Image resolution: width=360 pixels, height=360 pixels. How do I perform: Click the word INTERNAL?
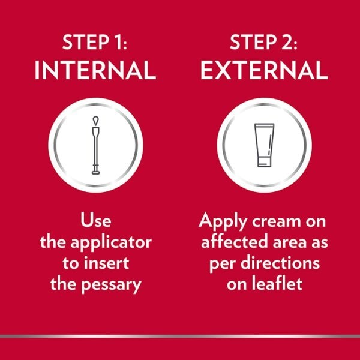tap(95, 70)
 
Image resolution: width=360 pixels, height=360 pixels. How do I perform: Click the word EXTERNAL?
tap(264, 70)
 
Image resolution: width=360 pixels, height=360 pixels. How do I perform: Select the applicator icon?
tap(96, 145)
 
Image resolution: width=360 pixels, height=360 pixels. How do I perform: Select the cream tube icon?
tap(264, 145)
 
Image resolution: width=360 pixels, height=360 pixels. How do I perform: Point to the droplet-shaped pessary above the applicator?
tap(96, 121)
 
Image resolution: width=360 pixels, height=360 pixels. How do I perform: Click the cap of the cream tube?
tap(264, 162)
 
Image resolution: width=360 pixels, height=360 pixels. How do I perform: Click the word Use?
tap(96, 220)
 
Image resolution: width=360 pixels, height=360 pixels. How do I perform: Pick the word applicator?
tap(111, 243)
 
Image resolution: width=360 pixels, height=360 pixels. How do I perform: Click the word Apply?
tap(223, 221)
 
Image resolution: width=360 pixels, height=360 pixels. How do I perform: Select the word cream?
tap(277, 222)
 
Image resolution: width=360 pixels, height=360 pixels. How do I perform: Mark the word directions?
tap(280, 263)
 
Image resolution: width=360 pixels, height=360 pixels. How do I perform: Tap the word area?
tap(290, 243)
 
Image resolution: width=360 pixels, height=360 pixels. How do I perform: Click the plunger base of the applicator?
tap(96, 173)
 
